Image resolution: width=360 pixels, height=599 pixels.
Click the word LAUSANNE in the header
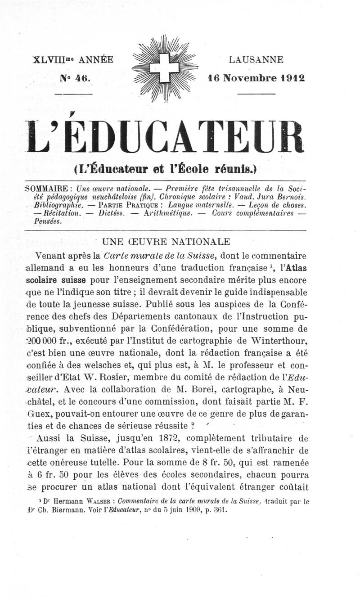point(256,60)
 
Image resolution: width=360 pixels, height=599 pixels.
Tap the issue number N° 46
point(76,77)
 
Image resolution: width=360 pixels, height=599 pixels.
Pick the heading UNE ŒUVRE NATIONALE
point(167,242)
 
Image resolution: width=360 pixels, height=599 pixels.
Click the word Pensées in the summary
point(47,221)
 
